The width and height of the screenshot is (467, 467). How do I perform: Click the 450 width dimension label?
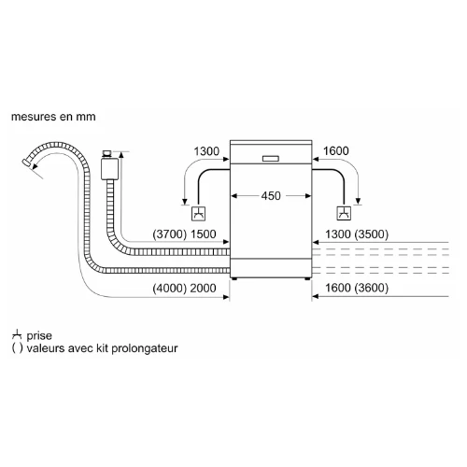click(271, 196)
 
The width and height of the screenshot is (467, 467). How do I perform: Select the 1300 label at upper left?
click(206, 151)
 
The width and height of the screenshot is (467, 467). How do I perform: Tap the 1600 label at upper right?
click(335, 151)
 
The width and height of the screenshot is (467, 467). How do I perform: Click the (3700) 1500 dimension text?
click(184, 234)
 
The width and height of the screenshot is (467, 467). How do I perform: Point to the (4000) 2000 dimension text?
click(184, 288)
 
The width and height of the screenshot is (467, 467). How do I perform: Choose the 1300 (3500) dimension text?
click(357, 234)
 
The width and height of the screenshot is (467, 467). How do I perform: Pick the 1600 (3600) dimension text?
click(357, 288)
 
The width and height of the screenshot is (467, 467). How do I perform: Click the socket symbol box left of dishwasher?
click(198, 214)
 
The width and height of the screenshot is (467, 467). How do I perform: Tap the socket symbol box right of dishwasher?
click(344, 214)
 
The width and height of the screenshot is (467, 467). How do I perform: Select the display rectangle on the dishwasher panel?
click(271, 159)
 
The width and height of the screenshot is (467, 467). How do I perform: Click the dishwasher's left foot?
click(234, 278)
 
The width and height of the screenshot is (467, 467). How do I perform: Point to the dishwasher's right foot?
click(307, 278)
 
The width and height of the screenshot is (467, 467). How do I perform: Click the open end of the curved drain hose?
click(26, 163)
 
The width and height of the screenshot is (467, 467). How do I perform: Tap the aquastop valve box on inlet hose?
click(109, 169)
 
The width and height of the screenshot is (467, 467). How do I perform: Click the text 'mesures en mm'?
click(53, 117)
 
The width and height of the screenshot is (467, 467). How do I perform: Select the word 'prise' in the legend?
click(39, 336)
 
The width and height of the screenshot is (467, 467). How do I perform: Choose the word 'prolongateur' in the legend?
click(145, 348)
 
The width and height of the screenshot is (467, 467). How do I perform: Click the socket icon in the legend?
click(17, 334)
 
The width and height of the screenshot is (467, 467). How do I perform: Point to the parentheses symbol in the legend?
click(17, 348)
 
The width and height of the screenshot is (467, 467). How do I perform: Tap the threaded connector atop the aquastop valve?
click(106, 154)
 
